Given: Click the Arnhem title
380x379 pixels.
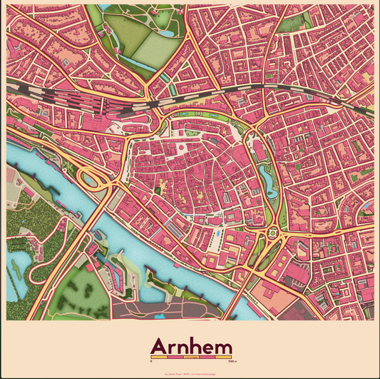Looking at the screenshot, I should (190, 345).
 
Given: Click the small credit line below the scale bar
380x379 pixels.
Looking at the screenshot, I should (190, 373).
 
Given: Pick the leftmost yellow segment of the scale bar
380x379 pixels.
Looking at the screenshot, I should (158, 357).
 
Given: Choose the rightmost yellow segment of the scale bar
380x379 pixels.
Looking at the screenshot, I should (223, 357).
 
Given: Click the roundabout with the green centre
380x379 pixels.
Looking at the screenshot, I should (272, 231).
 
